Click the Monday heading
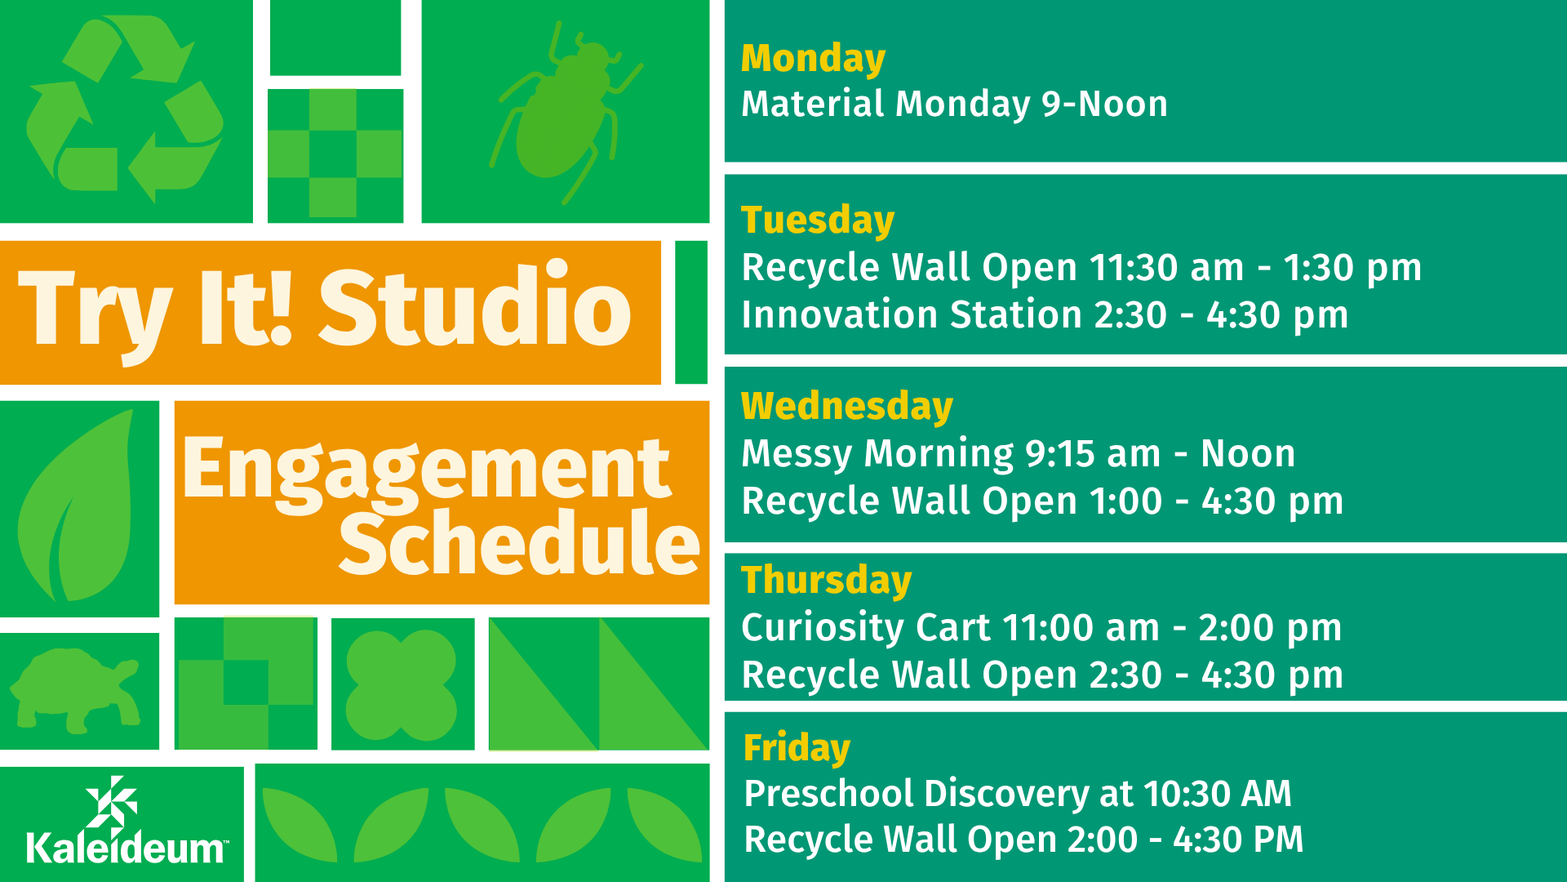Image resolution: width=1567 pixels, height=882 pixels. coord(813,60)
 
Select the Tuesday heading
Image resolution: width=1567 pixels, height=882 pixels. coord(818,220)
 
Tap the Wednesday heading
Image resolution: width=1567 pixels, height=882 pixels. coord(847,407)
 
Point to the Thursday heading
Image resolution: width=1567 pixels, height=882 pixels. coord(826,581)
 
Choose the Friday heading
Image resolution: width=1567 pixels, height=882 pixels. coord(797,748)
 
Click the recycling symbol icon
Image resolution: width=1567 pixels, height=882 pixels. coord(125,110)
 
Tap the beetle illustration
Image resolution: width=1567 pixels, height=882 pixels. coord(566,113)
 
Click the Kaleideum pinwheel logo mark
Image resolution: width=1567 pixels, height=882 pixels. coord(112,802)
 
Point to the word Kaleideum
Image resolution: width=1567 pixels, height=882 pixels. coord(127,849)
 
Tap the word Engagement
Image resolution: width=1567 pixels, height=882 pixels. coord(426,470)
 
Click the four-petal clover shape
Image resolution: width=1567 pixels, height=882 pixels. coord(402,684)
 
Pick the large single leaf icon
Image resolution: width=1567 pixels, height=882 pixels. coord(76,506)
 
